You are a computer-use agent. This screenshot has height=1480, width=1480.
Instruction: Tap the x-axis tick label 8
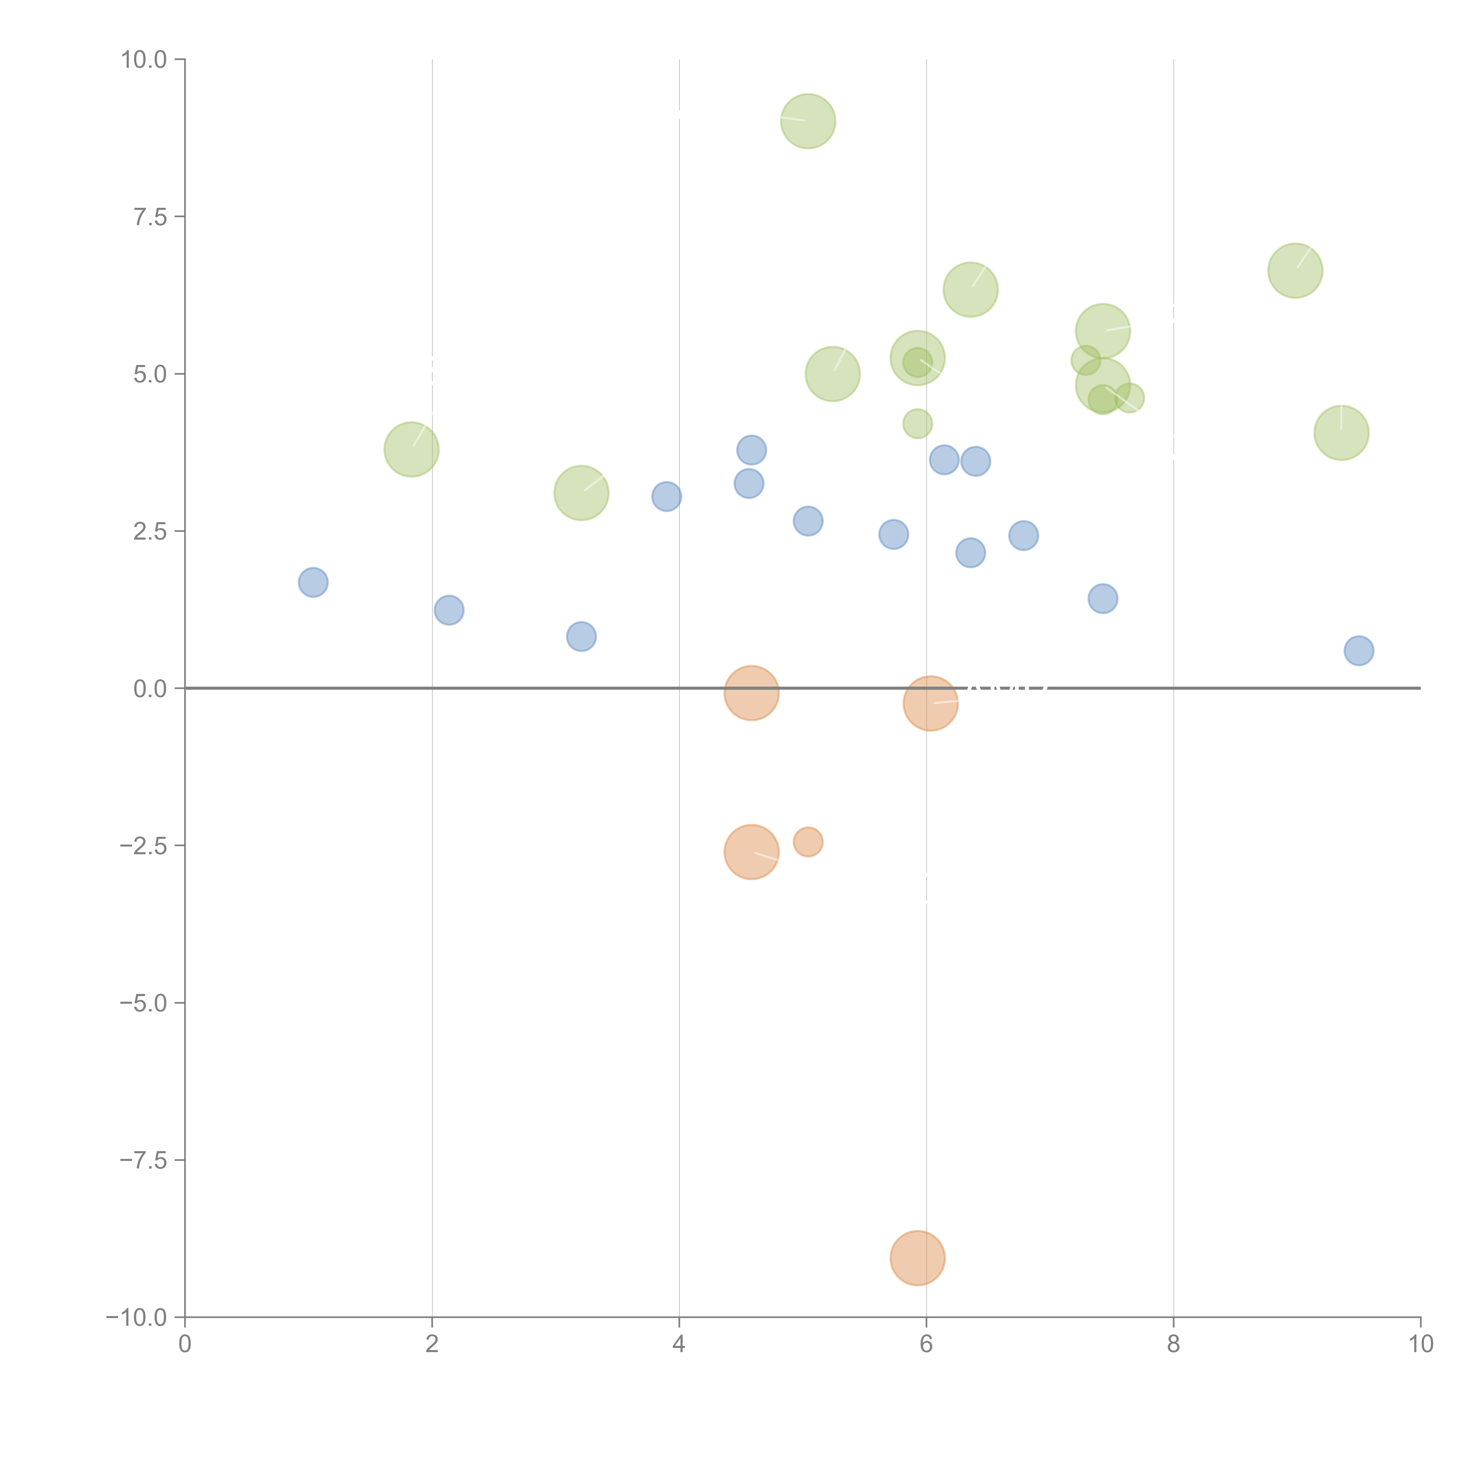pyautogui.click(x=1174, y=1344)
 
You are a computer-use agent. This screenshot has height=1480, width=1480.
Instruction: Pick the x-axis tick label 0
pyautogui.click(x=185, y=1344)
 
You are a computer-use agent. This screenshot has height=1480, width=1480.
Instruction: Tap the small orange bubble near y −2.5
pyautogui.click(x=807, y=842)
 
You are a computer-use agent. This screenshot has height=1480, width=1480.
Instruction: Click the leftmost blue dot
pyautogui.click(x=313, y=582)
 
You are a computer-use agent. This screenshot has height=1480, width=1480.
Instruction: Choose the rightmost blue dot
pyautogui.click(x=1358, y=650)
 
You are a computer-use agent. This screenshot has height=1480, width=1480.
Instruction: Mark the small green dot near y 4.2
pyautogui.click(x=917, y=423)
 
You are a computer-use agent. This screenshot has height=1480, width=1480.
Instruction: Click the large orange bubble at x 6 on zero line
pyautogui.click(x=930, y=703)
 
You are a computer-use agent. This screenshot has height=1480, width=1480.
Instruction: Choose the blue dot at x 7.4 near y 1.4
pyautogui.click(x=1102, y=598)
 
